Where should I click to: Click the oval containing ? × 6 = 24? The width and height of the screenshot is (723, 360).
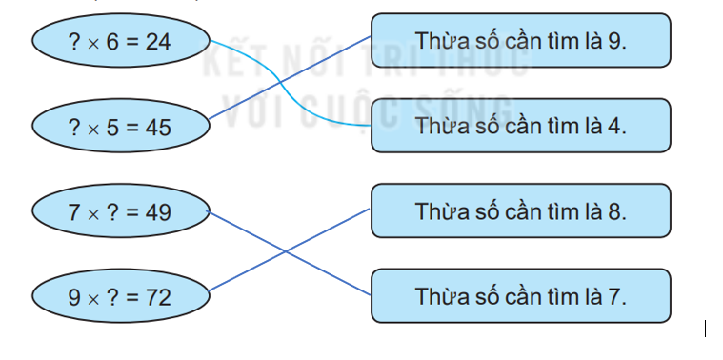120,41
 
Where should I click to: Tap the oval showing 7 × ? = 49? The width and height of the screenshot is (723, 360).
120,211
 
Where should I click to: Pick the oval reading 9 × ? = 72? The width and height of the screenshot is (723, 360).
120,297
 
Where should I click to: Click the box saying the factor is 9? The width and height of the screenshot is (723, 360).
520,41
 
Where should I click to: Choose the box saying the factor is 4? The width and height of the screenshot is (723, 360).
520,126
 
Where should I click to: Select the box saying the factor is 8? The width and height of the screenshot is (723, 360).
520,211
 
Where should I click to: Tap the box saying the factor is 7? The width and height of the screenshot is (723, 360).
520,296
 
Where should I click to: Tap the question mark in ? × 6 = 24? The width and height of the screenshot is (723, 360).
74,41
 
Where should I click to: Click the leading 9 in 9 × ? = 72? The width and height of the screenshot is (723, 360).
74,297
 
